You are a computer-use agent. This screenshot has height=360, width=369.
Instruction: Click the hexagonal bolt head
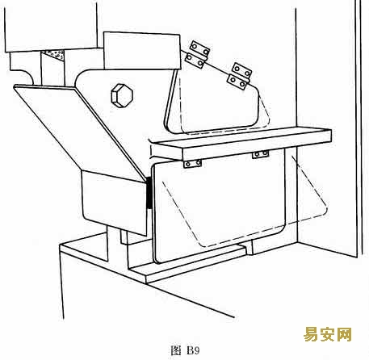pyautogui.click(x=122, y=96)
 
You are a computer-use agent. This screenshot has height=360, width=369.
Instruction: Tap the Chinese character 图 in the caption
pyautogui.click(x=176, y=350)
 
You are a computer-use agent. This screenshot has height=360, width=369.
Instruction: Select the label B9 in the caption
pyautogui.click(x=193, y=350)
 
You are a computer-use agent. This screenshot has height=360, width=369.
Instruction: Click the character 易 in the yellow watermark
pyautogui.click(x=311, y=334)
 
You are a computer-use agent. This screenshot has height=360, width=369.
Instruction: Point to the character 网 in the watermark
pyautogui.click(x=344, y=334)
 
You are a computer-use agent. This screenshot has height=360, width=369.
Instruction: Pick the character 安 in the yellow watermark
pyautogui.click(x=328, y=334)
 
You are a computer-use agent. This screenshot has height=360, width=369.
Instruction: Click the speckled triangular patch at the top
pyautogui.click(x=55, y=55)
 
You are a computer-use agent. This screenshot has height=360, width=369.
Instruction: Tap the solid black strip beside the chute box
pyautogui.click(x=149, y=192)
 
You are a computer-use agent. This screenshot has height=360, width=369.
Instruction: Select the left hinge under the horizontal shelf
pyautogui.click(x=192, y=163)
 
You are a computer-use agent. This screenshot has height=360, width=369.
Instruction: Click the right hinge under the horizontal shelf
pyautogui.click(x=260, y=154)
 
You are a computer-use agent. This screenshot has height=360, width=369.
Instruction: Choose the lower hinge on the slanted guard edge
pyautogui.click(x=240, y=76)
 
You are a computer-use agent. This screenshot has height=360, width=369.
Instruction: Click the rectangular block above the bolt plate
pyautogui.click(x=142, y=51)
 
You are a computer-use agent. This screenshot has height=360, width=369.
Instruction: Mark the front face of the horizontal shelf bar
pyautogui.click(x=257, y=145)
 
